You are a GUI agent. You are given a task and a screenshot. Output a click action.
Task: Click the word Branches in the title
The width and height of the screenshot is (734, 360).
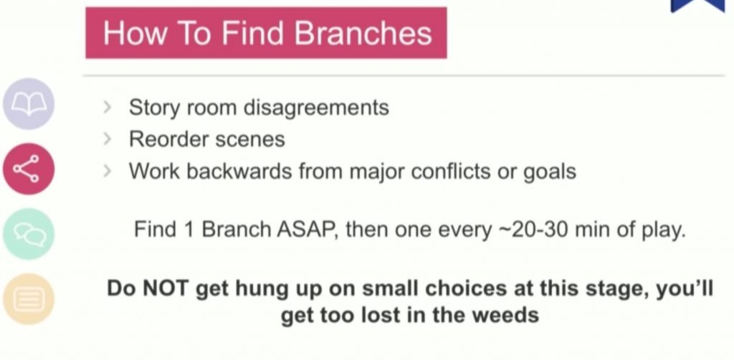point(363,33)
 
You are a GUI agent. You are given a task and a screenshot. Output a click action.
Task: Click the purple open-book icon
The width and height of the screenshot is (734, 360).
point(29,104)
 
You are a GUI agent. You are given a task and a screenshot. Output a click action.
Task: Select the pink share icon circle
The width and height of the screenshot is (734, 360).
point(29,169)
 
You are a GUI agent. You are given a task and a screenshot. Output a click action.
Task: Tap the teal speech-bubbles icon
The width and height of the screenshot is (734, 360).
point(29,234)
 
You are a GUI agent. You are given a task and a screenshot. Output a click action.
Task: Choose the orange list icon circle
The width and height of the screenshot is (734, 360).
point(29,299)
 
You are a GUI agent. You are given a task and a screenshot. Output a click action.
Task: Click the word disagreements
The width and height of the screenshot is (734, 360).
point(316,108)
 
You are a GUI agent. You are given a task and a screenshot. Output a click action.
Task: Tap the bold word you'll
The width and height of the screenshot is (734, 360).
point(685,289)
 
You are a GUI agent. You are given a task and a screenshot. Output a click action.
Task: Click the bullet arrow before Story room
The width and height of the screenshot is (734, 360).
point(108,108)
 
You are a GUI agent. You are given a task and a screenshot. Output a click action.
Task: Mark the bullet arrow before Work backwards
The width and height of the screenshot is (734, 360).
point(108,171)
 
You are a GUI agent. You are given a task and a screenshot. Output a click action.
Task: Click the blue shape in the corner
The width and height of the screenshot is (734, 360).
point(697,6)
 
